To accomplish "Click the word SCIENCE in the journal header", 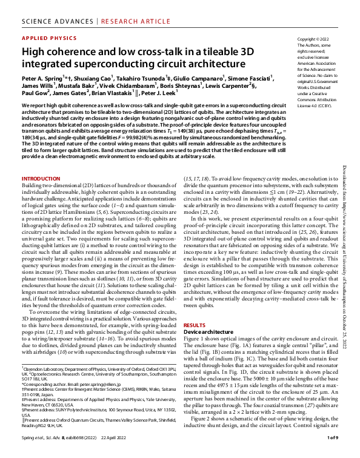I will (x=39, y=11).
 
